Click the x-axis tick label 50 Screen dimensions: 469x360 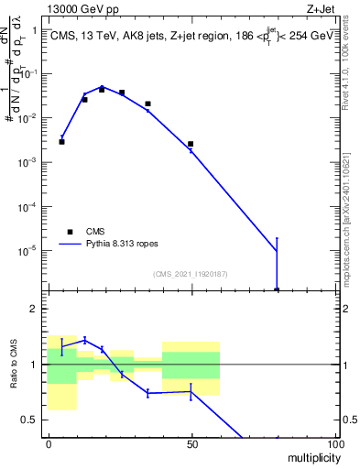(x=191, y=443)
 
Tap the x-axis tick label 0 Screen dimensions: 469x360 (x=48, y=443)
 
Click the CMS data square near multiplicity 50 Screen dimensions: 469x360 (x=191, y=144)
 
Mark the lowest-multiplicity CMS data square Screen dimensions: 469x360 (x=61, y=142)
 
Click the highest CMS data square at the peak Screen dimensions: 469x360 (x=102, y=90)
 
